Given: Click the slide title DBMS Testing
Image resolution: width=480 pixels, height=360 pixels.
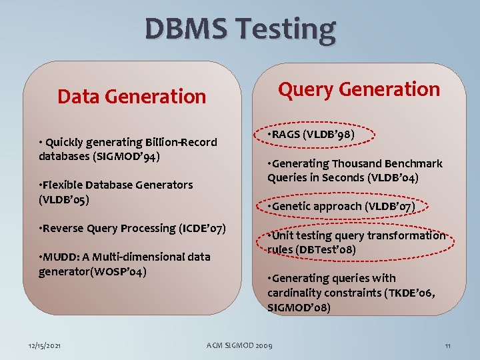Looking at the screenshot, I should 240,29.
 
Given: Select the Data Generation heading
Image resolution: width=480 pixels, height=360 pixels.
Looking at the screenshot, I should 131,97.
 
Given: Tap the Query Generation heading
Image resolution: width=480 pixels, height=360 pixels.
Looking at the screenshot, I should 359,89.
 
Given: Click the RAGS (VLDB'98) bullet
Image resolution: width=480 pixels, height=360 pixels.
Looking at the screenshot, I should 311,135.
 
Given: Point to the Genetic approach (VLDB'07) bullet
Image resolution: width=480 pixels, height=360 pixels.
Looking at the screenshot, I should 341,206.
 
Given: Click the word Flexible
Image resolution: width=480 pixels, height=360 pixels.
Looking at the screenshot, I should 65,185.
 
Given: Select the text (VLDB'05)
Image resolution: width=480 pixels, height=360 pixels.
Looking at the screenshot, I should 64,199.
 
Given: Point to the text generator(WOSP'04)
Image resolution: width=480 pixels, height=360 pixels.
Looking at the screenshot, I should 92,271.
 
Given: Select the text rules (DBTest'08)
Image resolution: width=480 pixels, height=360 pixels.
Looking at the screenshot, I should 311,250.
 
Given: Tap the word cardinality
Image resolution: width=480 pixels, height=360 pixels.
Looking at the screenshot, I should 296,293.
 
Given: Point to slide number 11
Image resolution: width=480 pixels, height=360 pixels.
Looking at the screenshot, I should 448,345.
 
